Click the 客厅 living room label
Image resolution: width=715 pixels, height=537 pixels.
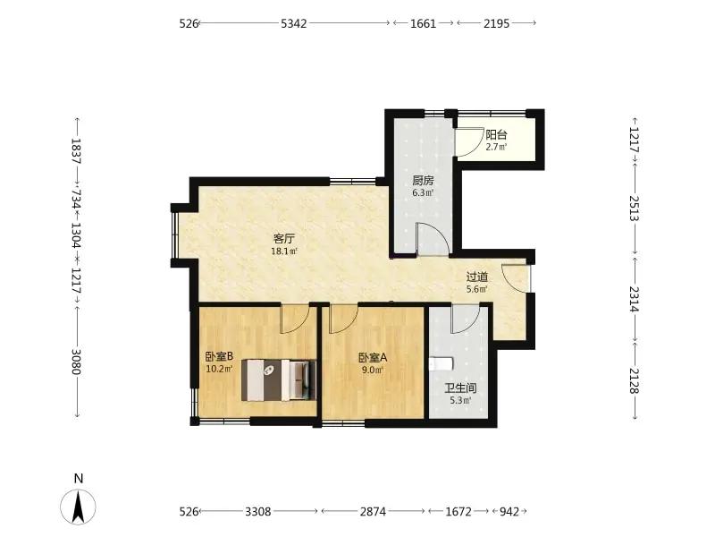(283, 238)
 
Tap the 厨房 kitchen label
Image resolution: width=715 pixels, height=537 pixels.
(423, 181)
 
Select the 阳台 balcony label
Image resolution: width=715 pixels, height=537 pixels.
(496, 135)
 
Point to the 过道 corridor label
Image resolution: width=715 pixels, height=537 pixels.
(477, 277)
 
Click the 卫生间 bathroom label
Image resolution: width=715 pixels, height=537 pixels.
(460, 388)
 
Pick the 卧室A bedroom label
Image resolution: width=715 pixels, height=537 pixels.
(373, 357)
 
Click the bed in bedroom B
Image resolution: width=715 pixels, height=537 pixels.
(279, 379)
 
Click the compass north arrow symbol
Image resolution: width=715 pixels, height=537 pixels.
(79, 507)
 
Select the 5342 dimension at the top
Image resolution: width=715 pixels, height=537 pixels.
(294, 23)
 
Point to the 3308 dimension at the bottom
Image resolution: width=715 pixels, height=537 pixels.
(258, 511)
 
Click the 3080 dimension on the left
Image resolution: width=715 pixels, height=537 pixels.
(76, 362)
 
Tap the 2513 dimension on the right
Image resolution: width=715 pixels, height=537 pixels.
(635, 208)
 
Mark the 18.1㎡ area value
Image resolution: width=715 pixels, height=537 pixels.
(284, 251)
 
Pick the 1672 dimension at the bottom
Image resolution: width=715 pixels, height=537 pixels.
(458, 511)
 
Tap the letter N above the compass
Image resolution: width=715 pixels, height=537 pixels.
(79, 478)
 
